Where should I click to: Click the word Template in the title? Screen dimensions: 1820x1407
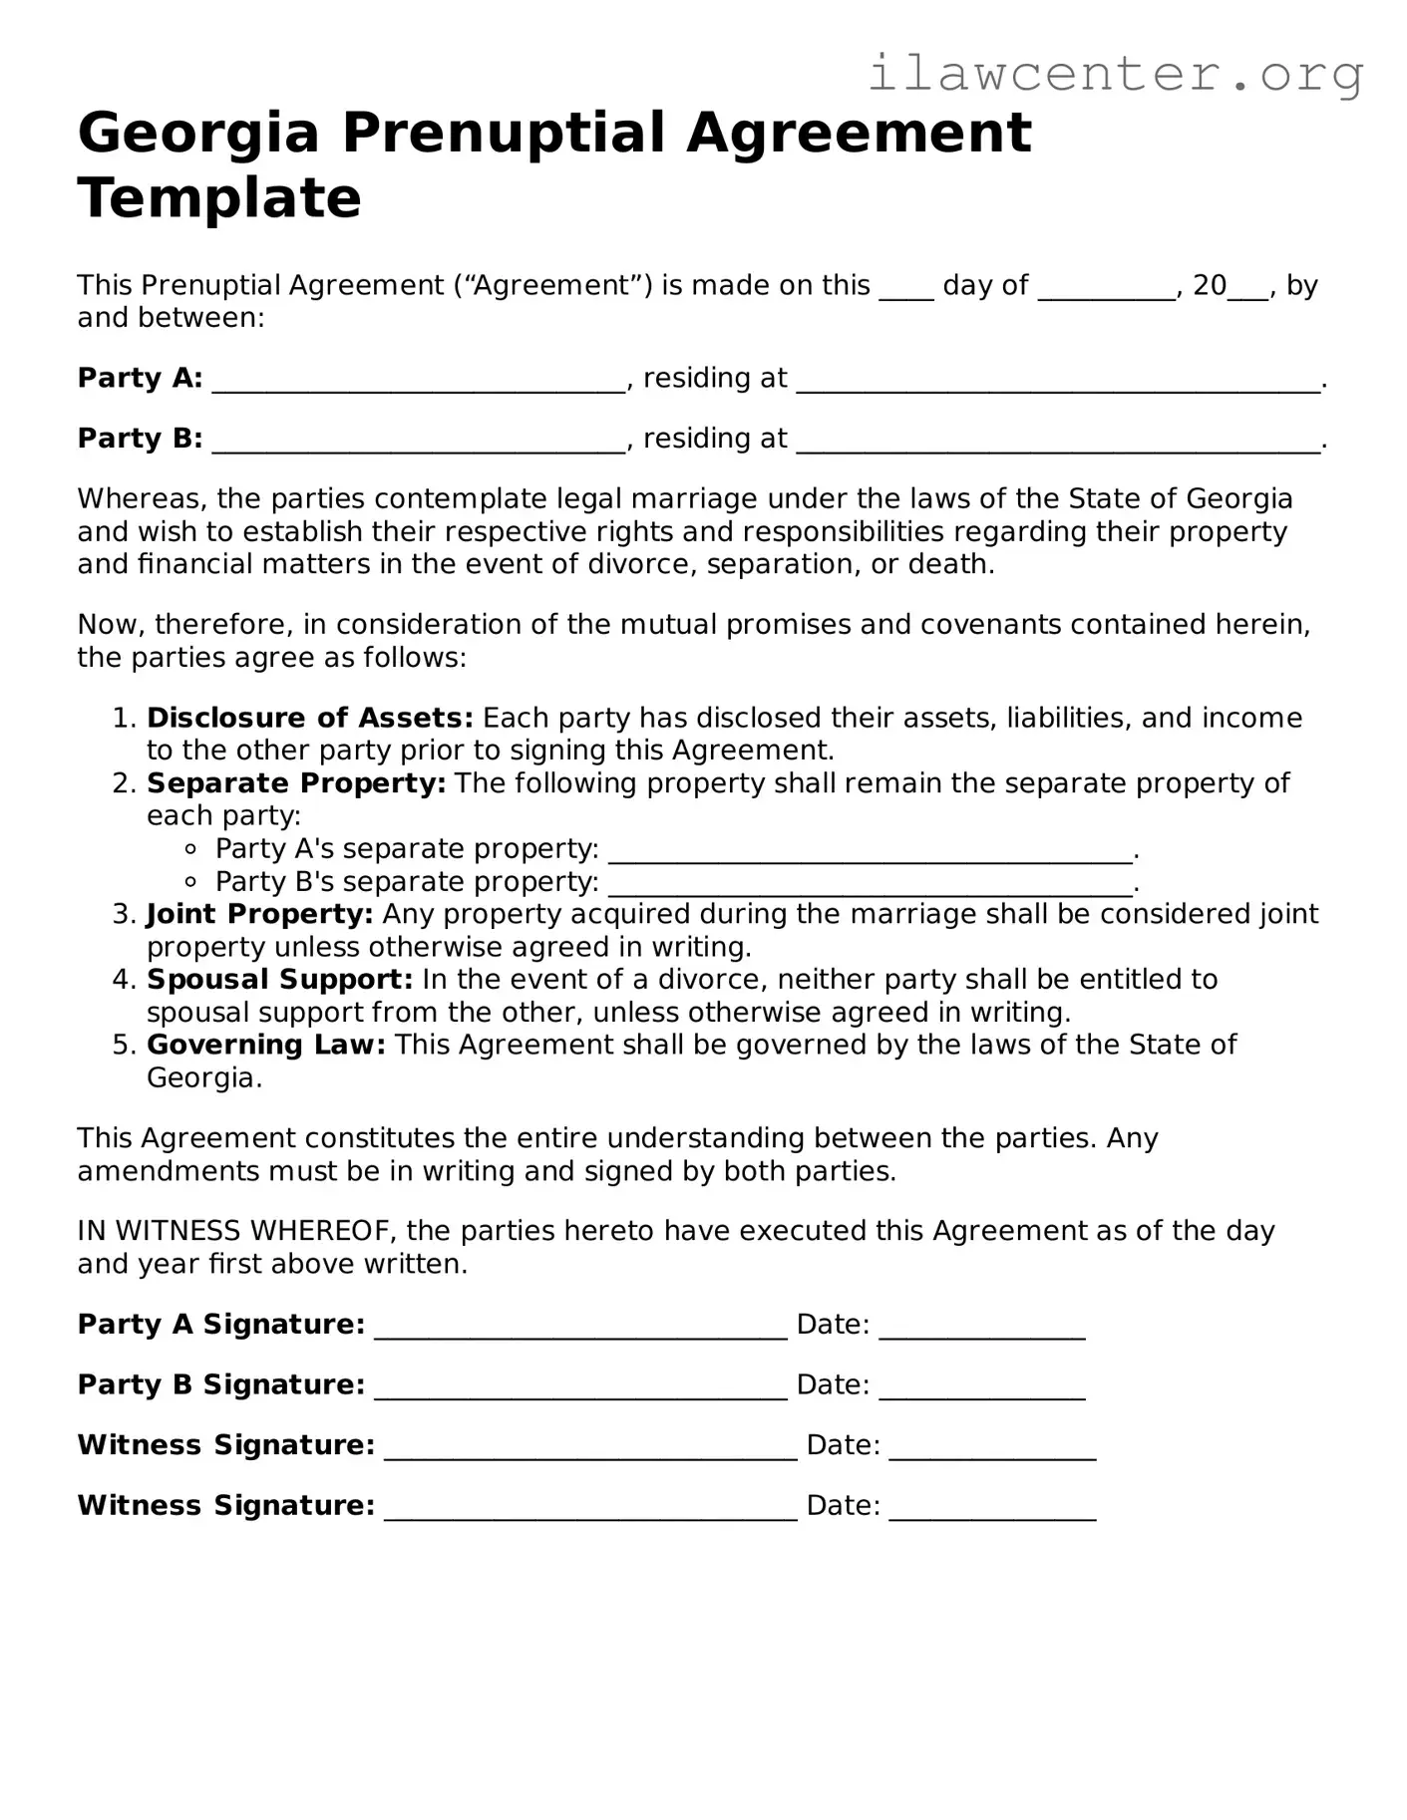click(x=219, y=197)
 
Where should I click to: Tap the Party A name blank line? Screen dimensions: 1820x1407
click(x=419, y=380)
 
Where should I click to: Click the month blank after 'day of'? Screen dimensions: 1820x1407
click(x=1106, y=287)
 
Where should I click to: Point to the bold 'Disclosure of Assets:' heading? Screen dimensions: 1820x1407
click(x=309, y=718)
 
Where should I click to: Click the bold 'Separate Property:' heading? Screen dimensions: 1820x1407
click(x=296, y=783)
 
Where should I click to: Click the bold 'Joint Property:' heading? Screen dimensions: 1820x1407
click(x=259, y=914)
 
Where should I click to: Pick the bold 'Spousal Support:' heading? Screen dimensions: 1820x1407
click(x=279, y=980)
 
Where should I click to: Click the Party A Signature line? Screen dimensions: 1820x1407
click(x=580, y=1327)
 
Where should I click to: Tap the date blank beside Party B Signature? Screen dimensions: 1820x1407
click(x=982, y=1387)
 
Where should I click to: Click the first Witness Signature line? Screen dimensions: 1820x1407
click(x=590, y=1447)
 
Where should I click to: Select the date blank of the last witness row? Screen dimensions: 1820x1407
click(x=992, y=1508)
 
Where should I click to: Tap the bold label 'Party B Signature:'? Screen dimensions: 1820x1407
click(x=221, y=1384)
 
